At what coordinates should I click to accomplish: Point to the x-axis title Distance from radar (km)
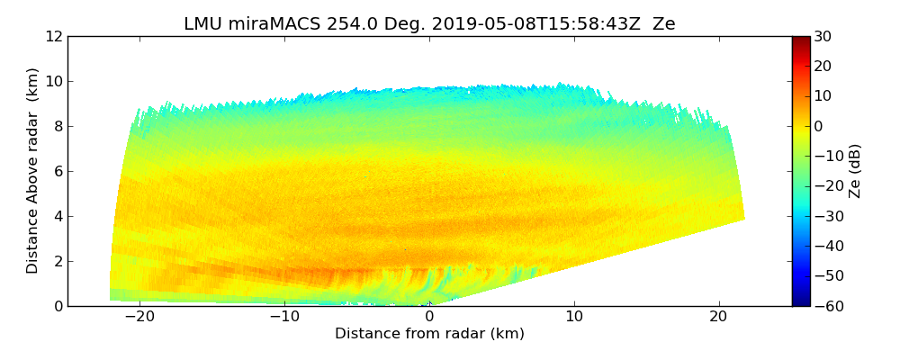tap(429, 334)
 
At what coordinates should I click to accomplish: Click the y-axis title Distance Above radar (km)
tap(32, 171)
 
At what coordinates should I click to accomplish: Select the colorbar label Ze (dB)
tap(855, 171)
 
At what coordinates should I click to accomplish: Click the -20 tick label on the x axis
tap(139, 317)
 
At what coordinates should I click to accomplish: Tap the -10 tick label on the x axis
tap(284, 317)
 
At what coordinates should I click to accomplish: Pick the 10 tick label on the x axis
tap(574, 317)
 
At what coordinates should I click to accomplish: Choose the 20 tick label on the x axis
tap(718, 317)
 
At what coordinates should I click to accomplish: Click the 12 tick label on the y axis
tap(53, 37)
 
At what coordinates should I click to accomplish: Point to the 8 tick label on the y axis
tap(57, 127)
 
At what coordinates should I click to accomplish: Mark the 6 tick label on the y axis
tap(57, 172)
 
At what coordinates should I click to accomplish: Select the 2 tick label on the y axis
tap(57, 262)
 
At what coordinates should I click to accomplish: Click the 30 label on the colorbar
tap(823, 37)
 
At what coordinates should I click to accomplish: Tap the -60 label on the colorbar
tap(826, 306)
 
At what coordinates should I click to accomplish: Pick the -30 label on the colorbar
tap(826, 216)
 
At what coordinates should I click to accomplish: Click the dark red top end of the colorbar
tap(801, 40)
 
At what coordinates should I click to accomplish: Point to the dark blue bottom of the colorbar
tap(801, 302)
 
